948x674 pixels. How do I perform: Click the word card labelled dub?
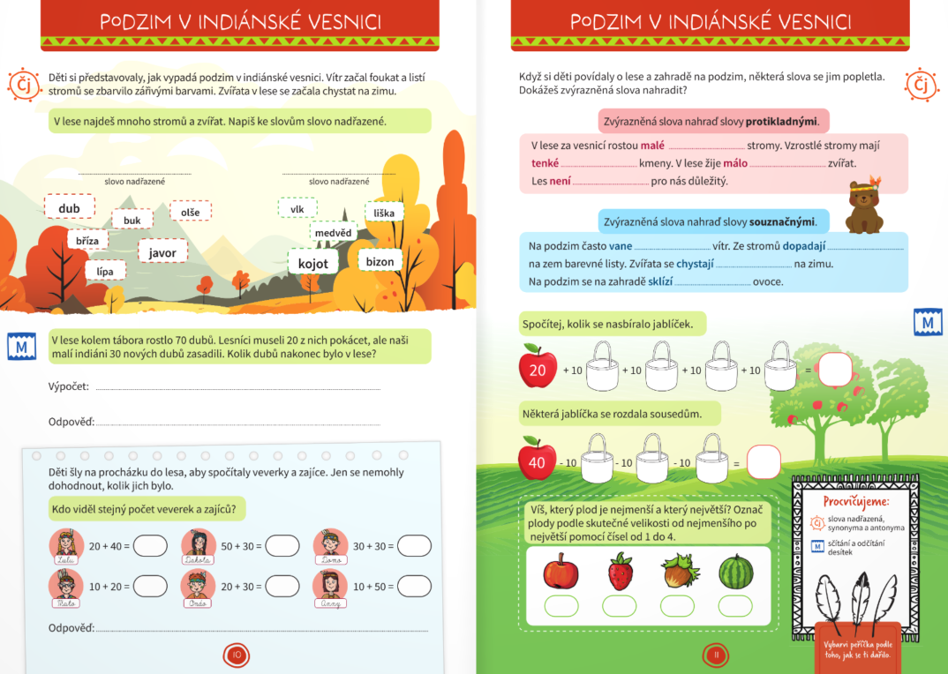click(69, 208)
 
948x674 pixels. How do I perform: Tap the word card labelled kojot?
click(313, 263)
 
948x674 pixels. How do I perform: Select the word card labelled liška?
click(384, 213)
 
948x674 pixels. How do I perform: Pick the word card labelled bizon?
click(380, 261)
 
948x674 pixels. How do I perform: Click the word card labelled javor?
click(162, 252)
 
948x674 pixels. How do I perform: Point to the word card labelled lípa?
click(105, 272)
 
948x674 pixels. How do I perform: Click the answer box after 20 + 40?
click(149, 546)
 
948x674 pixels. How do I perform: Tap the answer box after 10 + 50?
click(414, 586)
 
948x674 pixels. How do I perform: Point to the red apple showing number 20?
click(538, 367)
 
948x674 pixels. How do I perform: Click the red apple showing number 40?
click(538, 460)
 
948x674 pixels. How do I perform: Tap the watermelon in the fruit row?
click(735, 572)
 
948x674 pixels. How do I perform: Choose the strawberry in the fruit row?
click(620, 572)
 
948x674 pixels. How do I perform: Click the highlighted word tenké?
click(545, 163)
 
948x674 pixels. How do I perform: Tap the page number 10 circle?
click(237, 655)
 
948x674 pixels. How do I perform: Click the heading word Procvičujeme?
click(855, 501)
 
